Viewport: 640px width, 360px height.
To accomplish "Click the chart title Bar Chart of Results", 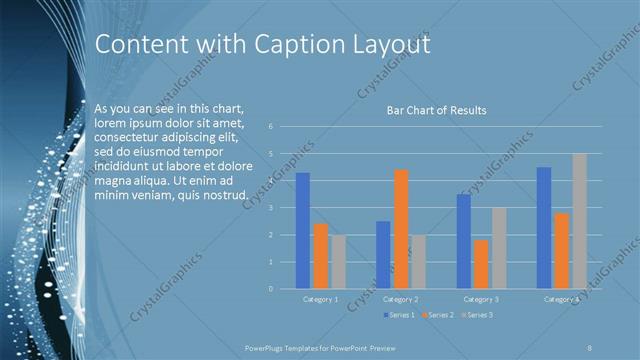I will [x=436, y=110].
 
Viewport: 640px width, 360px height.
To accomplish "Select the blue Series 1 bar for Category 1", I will [x=302, y=231].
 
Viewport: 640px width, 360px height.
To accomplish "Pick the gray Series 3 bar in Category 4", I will [x=580, y=221].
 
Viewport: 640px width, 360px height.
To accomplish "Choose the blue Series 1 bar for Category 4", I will [x=544, y=228].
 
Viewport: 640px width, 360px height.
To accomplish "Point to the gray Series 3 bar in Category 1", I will [x=338, y=262].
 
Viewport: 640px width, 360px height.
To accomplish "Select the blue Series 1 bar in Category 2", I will [x=383, y=255].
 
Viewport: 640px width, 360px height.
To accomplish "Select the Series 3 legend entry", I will [x=476, y=315].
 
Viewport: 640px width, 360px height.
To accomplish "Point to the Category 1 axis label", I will [x=320, y=299].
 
